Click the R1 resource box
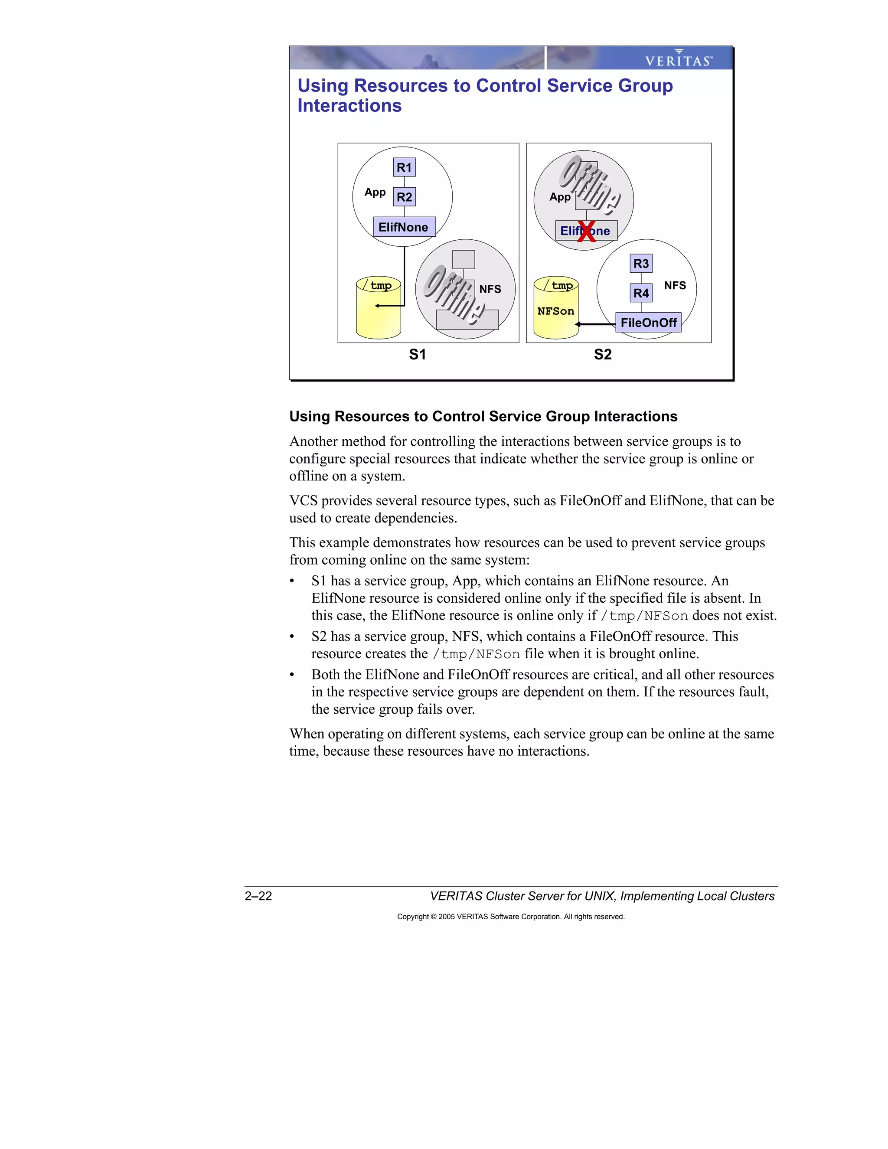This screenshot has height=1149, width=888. coord(404,167)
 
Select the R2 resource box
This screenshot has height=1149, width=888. coord(404,197)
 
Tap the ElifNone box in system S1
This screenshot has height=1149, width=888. coord(404,227)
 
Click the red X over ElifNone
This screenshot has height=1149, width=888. coord(586,232)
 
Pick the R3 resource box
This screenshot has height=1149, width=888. coord(641,263)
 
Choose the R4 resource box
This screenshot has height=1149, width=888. coord(641,293)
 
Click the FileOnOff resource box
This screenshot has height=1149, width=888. coord(648,323)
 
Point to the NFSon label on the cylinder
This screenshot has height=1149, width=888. coord(555,311)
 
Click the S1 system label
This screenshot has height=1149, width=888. coord(417,354)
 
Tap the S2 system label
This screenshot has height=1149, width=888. coord(602,354)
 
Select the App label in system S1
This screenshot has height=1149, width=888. coord(375,192)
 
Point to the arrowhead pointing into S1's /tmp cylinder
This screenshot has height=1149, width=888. coord(377,306)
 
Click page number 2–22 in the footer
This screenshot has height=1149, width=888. coord(258,896)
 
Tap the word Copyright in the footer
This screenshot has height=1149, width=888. coord(412,917)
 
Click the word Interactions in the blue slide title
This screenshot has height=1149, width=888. coord(349,106)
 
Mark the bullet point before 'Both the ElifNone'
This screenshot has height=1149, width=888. coord(292,675)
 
